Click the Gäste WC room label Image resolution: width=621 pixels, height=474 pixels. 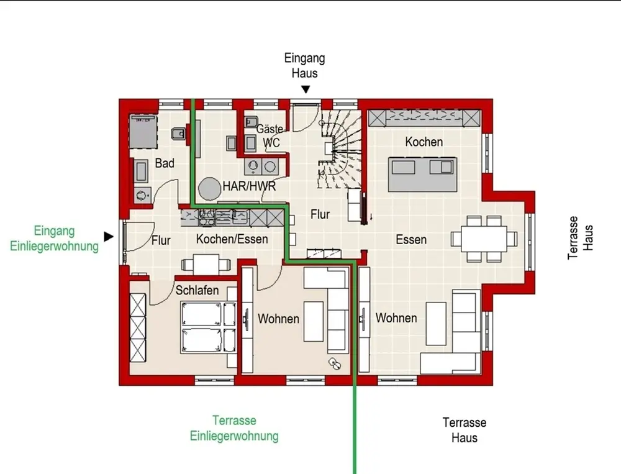tap(270, 135)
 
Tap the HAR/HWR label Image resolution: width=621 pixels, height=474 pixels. tap(249, 186)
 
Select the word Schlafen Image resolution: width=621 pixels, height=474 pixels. tap(197, 290)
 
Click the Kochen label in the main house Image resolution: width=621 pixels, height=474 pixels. tap(424, 142)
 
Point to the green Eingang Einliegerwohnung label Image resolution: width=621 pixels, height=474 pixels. tap(54, 238)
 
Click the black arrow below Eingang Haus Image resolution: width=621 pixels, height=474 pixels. tap(306, 89)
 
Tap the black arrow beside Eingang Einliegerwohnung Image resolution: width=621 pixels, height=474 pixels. tap(109, 237)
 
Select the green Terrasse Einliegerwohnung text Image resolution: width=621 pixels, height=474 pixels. tap(234, 428)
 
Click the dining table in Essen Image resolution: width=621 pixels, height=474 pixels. tap(484, 239)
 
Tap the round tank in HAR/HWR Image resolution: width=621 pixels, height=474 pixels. tap(209, 189)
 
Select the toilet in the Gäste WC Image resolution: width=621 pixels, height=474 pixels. tap(251, 121)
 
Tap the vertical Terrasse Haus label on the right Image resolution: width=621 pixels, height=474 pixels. tap(580, 238)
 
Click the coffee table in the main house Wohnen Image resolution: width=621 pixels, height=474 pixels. tap(436, 324)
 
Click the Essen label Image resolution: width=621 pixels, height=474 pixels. tap(411, 239)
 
